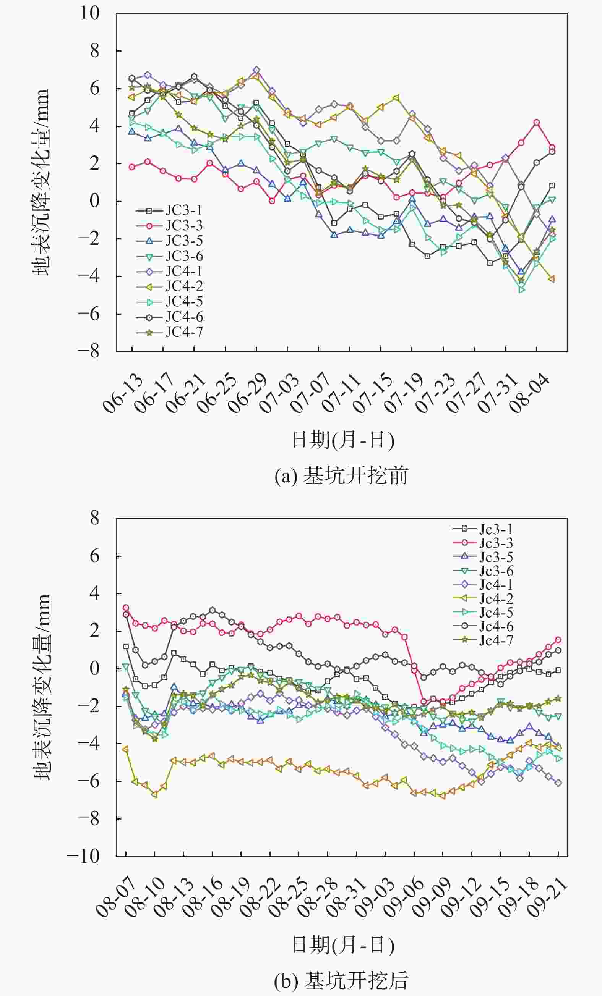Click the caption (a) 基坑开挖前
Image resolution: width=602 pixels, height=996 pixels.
click(341, 476)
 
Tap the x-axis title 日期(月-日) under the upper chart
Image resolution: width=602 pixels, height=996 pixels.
click(343, 440)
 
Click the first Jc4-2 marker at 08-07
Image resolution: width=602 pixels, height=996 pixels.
click(125, 749)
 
